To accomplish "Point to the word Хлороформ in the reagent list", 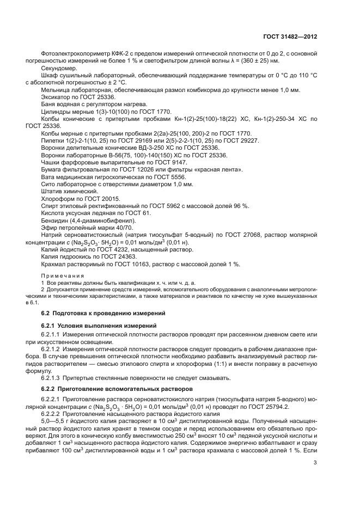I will pyautogui.click(x=57, y=199).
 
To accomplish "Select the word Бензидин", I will pyautogui.click(x=54, y=220).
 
